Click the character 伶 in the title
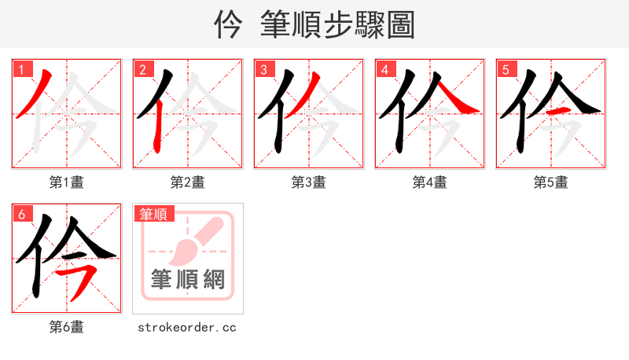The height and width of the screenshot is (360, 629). [228, 25]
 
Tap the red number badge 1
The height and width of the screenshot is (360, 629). [21, 69]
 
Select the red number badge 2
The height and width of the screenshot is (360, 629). [142, 69]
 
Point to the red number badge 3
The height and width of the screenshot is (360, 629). [263, 69]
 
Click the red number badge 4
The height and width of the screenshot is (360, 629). [384, 69]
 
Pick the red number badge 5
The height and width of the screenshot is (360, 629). [506, 69]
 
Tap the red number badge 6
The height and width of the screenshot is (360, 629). [21, 214]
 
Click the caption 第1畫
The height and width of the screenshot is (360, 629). [67, 182]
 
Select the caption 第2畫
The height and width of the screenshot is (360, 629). [188, 182]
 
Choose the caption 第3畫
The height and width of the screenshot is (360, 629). [309, 182]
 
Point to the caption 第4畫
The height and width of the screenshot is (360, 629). [430, 182]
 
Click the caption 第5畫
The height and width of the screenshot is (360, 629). [551, 182]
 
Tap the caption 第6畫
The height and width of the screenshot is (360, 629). [67, 327]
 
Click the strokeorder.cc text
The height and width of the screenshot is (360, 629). [187, 327]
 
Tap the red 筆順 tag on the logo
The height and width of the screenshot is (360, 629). [154, 214]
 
